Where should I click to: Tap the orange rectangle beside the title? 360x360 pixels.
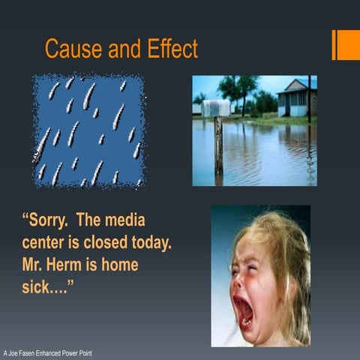[x=346, y=45]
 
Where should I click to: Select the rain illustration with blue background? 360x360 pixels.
[x=88, y=130]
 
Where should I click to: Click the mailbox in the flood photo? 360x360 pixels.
[x=216, y=108]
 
